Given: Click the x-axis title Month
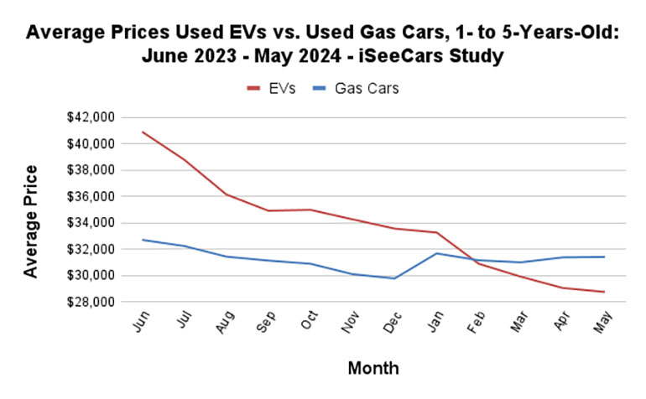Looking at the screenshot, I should pyautogui.click(x=373, y=368).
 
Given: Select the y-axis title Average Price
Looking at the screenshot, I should pyautogui.click(x=30, y=220).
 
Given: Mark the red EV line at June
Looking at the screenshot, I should pyautogui.click(x=143, y=132).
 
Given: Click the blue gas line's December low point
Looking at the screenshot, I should pyautogui.click(x=394, y=278).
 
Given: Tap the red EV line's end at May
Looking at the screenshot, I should pyautogui.click(x=604, y=292).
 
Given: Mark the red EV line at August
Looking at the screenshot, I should pyautogui.click(x=227, y=194).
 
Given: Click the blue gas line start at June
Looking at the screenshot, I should pyautogui.click(x=143, y=240).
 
